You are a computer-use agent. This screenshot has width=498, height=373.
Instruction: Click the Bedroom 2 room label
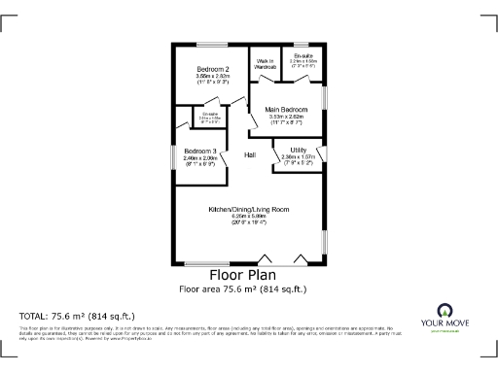click(x=213, y=70)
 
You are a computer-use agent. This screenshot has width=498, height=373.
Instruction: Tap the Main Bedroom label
click(x=287, y=109)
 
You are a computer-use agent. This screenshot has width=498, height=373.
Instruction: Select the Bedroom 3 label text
click(x=200, y=151)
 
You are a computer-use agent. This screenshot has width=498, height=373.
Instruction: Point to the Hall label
click(x=250, y=155)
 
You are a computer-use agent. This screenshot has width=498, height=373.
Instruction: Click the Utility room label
click(x=299, y=150)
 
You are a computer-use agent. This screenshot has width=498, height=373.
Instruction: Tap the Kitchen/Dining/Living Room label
click(x=249, y=210)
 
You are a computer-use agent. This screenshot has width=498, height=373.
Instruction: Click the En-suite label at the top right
click(x=302, y=56)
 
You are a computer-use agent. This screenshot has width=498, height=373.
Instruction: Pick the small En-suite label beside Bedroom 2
click(x=210, y=115)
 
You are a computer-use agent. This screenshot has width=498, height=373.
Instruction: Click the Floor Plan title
click(x=248, y=275)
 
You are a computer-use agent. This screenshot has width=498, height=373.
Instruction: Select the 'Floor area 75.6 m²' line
click(x=248, y=288)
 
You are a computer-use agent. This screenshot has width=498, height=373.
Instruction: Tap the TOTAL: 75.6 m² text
click(x=77, y=316)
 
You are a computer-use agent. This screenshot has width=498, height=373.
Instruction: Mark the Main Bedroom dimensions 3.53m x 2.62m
click(x=287, y=117)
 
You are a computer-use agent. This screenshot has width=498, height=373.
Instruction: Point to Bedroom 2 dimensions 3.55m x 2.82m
click(x=213, y=78)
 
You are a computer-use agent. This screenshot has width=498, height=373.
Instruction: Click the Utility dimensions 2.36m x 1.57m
click(x=299, y=157)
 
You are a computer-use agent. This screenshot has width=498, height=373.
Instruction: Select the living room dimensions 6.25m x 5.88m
click(x=249, y=218)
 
